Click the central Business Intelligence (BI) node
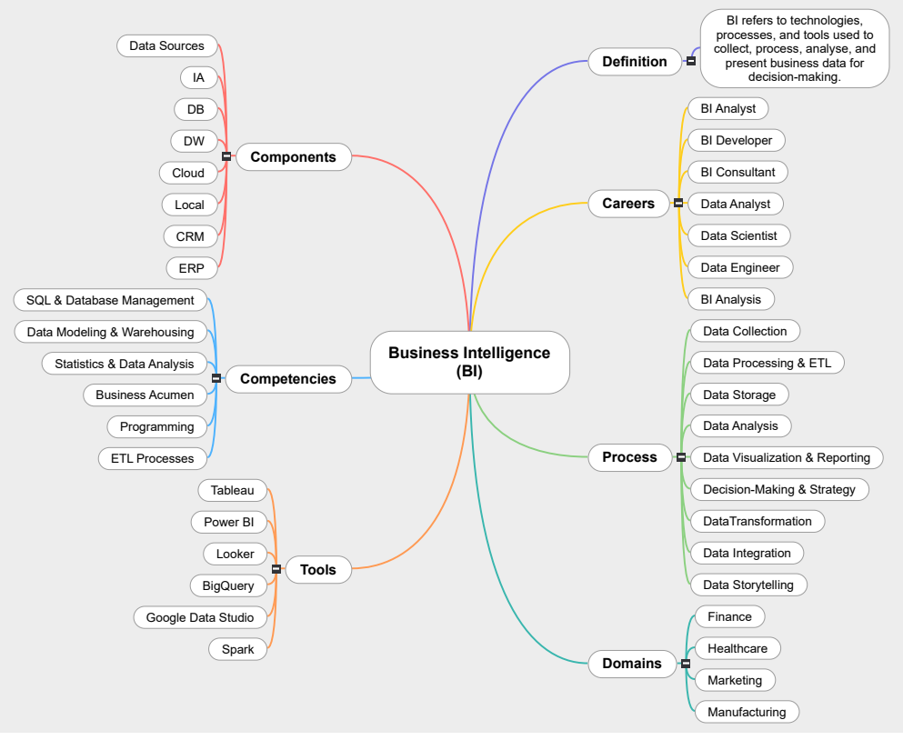pyautogui.click(x=469, y=362)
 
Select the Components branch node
pyautogui.click(x=293, y=157)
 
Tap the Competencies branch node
pyautogui.click(x=287, y=379)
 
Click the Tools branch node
pyautogui.click(x=317, y=570)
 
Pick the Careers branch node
pyautogui.click(x=628, y=204)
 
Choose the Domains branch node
pyautogui.click(x=632, y=664)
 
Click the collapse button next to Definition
pyautogui.click(x=691, y=62)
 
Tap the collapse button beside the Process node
pyautogui.click(x=681, y=457)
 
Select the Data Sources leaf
pyautogui.click(x=166, y=45)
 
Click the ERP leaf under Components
pyautogui.click(x=191, y=268)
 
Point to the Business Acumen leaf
pyautogui.click(x=145, y=395)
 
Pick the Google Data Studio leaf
pyautogui.click(x=200, y=617)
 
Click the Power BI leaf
pyautogui.click(x=228, y=522)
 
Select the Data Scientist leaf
pyautogui.click(x=738, y=235)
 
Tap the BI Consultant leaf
pyautogui.click(x=737, y=172)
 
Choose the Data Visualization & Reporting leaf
pyautogui.click(x=786, y=457)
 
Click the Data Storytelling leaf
pyautogui.click(x=747, y=585)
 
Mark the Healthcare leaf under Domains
pyautogui.click(x=737, y=648)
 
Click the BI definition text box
pyautogui.click(x=794, y=49)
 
